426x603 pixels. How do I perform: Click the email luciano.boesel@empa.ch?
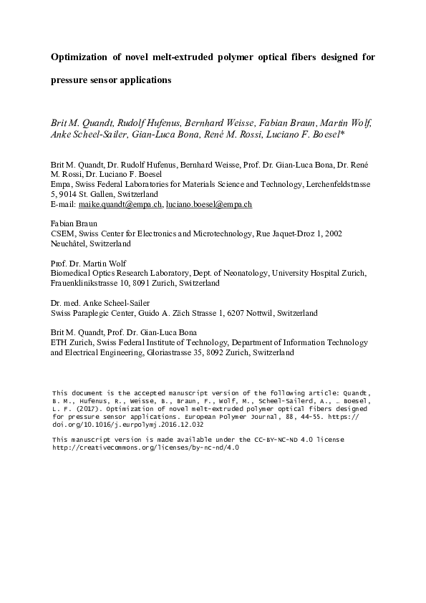[x=209, y=204]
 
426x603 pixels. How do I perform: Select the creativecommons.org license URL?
[x=145, y=446]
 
